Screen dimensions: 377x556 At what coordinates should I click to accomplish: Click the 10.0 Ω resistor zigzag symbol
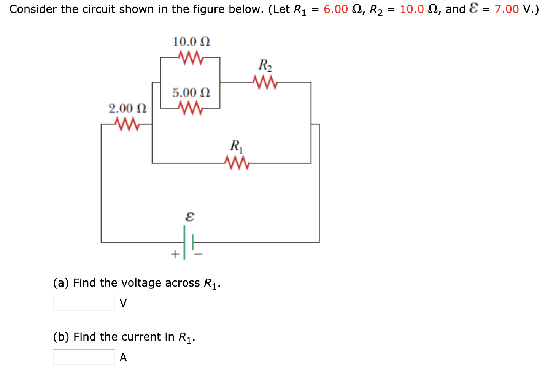[191, 58]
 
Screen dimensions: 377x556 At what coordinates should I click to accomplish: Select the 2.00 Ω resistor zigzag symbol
[127, 124]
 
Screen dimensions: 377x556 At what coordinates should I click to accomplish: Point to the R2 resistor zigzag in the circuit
[265, 82]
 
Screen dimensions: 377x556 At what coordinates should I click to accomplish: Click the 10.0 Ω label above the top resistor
[191, 41]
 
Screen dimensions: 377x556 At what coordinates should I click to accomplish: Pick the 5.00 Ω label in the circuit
[191, 92]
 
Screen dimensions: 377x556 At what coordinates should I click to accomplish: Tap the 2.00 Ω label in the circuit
[127, 108]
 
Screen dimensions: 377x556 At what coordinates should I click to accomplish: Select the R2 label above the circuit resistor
[265, 65]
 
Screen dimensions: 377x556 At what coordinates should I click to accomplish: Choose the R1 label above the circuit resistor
[236, 146]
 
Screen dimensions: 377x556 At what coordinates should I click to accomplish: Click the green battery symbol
[188, 242]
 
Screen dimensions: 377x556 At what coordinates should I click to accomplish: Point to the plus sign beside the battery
[175, 253]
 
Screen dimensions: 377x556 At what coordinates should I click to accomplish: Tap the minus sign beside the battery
[199, 254]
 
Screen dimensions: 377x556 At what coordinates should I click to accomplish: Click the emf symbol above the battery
[189, 217]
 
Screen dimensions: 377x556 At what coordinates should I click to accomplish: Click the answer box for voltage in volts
[84, 303]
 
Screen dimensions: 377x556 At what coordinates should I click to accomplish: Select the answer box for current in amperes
[84, 357]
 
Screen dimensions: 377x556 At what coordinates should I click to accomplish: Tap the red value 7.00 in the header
[507, 9]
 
